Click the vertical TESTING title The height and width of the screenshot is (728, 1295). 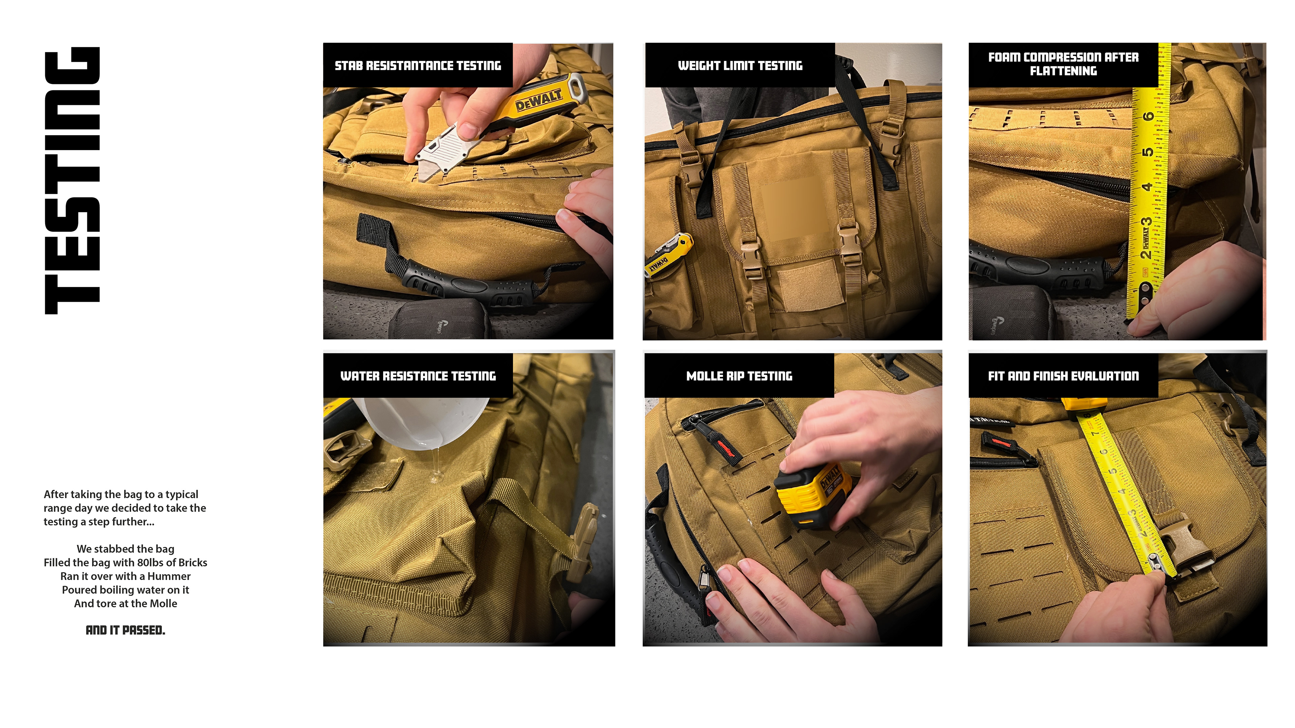pos(73,181)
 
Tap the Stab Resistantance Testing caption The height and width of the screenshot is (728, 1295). pos(418,65)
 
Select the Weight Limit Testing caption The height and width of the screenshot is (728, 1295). pos(740,65)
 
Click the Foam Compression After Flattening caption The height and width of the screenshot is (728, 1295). pos(1063,64)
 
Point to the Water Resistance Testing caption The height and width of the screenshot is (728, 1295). pos(418,376)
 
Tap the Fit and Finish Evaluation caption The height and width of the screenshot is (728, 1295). pos(1063,376)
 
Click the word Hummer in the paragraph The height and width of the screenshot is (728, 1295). pos(169,576)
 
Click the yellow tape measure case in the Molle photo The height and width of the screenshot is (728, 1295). pos(812,495)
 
